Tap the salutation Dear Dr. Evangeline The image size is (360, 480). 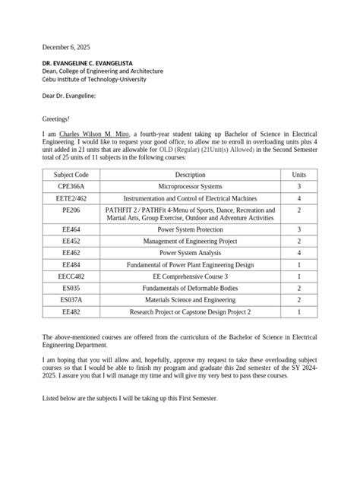click(x=68, y=96)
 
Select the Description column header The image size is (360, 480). click(x=190, y=174)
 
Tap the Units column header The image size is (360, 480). click(x=298, y=174)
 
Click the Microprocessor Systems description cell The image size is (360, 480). click(x=190, y=186)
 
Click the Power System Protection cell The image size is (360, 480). click(x=190, y=229)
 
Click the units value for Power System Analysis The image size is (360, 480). click(x=298, y=253)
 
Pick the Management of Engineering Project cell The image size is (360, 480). click(x=190, y=241)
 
